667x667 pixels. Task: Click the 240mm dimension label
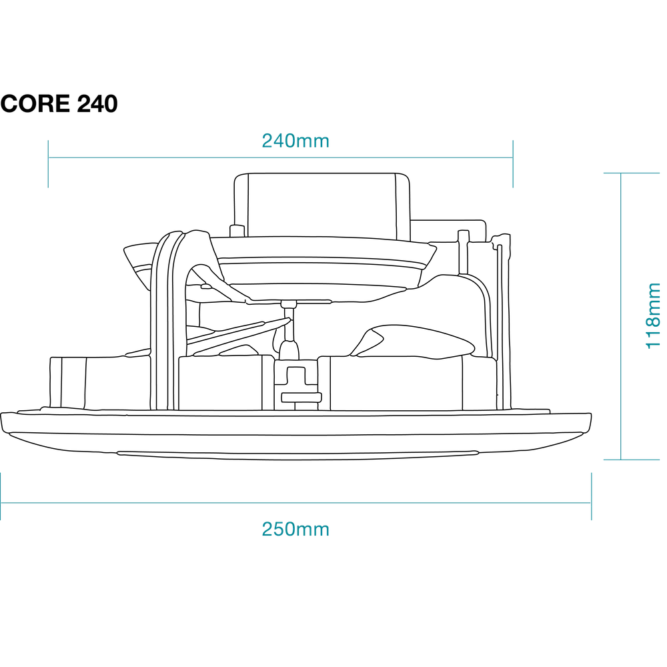coord(295,141)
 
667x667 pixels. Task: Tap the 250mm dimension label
coord(295,529)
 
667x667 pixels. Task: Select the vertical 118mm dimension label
coord(653,316)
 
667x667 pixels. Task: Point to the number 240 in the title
coord(97,103)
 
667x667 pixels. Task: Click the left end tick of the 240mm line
coord(48,164)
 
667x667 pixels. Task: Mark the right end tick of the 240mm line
coord(513,164)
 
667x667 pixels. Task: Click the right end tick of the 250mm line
coord(591,496)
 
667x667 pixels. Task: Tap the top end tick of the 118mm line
coord(632,173)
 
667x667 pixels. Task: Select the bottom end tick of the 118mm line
coord(632,460)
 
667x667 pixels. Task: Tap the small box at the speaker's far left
coord(68,382)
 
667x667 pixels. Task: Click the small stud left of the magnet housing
coord(237,231)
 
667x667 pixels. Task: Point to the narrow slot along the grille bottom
coord(297,453)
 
